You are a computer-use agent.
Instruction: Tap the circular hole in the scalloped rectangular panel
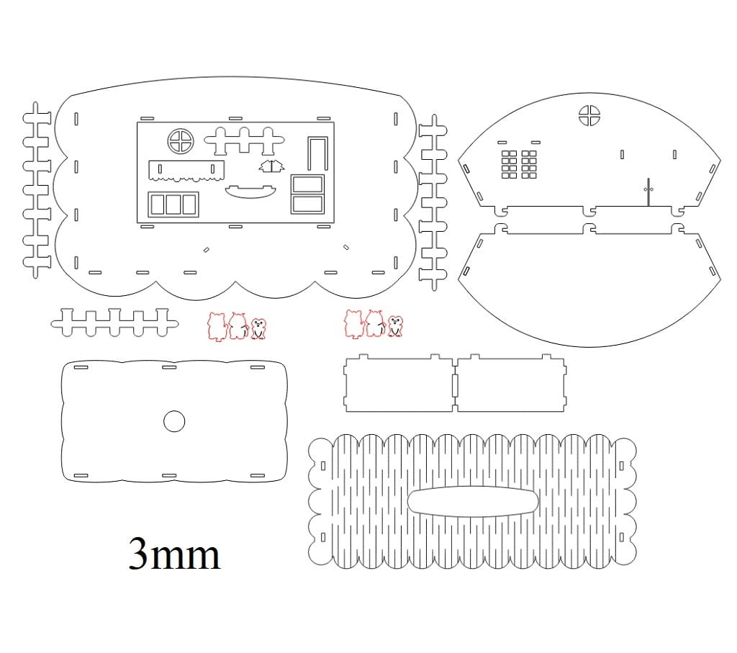click(x=174, y=421)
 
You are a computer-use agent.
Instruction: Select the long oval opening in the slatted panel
click(x=472, y=501)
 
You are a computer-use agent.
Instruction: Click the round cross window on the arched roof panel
click(x=589, y=116)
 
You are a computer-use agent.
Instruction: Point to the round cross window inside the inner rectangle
click(x=181, y=141)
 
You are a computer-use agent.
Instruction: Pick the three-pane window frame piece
click(x=173, y=204)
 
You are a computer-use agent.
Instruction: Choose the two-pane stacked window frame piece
click(x=307, y=194)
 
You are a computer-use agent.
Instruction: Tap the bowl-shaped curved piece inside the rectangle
click(x=250, y=192)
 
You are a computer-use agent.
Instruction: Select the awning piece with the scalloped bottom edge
click(x=186, y=171)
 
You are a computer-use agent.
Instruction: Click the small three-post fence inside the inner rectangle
click(x=245, y=140)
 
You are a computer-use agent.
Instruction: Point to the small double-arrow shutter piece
click(x=271, y=166)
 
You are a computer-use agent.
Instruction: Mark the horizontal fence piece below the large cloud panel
click(x=114, y=323)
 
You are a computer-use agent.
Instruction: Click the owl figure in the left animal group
click(x=258, y=328)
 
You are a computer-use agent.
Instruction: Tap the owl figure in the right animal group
click(x=396, y=326)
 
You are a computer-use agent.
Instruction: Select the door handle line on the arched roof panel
click(x=648, y=192)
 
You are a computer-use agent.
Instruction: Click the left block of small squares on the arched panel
click(x=509, y=165)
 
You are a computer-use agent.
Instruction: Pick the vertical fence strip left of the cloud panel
click(x=37, y=190)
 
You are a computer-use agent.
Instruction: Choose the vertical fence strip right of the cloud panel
click(x=433, y=202)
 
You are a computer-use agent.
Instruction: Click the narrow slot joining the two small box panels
click(x=455, y=385)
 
